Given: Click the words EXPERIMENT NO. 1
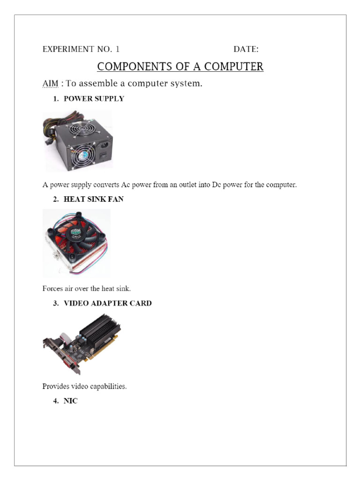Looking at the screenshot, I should [x=81, y=49].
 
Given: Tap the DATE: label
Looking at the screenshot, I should [x=246, y=49].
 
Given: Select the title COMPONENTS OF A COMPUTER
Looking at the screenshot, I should [x=180, y=67].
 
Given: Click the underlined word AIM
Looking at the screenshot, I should [x=51, y=84].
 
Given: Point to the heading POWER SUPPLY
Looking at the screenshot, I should [x=94, y=99].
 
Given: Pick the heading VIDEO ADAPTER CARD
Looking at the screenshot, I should [x=107, y=303].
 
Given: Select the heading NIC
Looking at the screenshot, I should [x=71, y=401].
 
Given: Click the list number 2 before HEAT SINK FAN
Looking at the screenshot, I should [x=55, y=199].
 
